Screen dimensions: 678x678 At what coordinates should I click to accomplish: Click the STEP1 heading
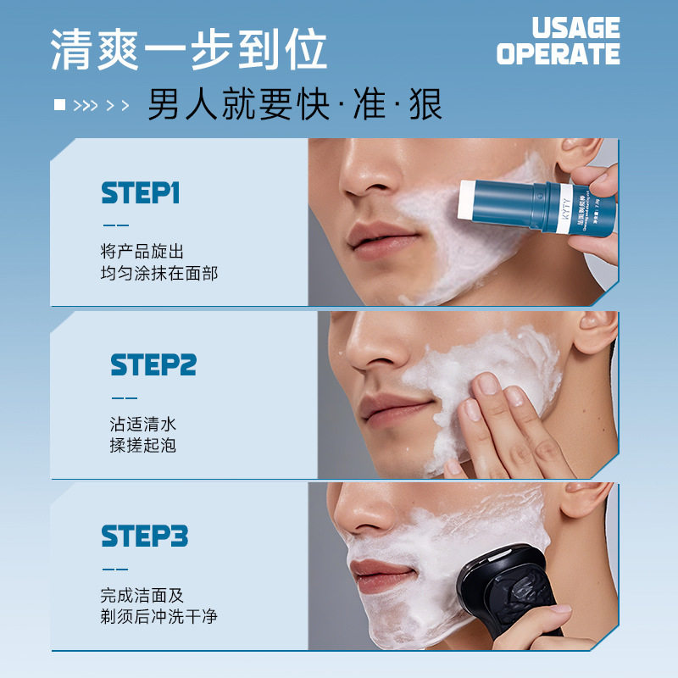point(141,193)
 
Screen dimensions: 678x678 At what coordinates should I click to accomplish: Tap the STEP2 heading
point(153,365)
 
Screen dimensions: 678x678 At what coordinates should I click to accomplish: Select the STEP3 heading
point(144,536)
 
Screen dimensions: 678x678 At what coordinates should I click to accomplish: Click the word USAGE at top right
point(575,28)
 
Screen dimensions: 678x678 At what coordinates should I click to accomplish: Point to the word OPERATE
point(558,55)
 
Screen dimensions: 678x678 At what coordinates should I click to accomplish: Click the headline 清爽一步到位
point(188,50)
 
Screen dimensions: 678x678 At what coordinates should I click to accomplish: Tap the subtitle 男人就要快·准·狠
point(295,106)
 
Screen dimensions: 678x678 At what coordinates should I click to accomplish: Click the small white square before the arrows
point(59,105)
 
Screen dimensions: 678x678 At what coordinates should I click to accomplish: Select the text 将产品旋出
point(142,253)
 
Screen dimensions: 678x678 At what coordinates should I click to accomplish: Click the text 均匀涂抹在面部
point(158,274)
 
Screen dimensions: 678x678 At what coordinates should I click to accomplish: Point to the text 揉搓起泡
point(142,445)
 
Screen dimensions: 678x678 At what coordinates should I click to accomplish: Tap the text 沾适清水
point(142,424)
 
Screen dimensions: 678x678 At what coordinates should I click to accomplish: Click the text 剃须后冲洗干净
point(158,616)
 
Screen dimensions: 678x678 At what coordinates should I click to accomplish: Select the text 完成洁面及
point(142,595)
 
